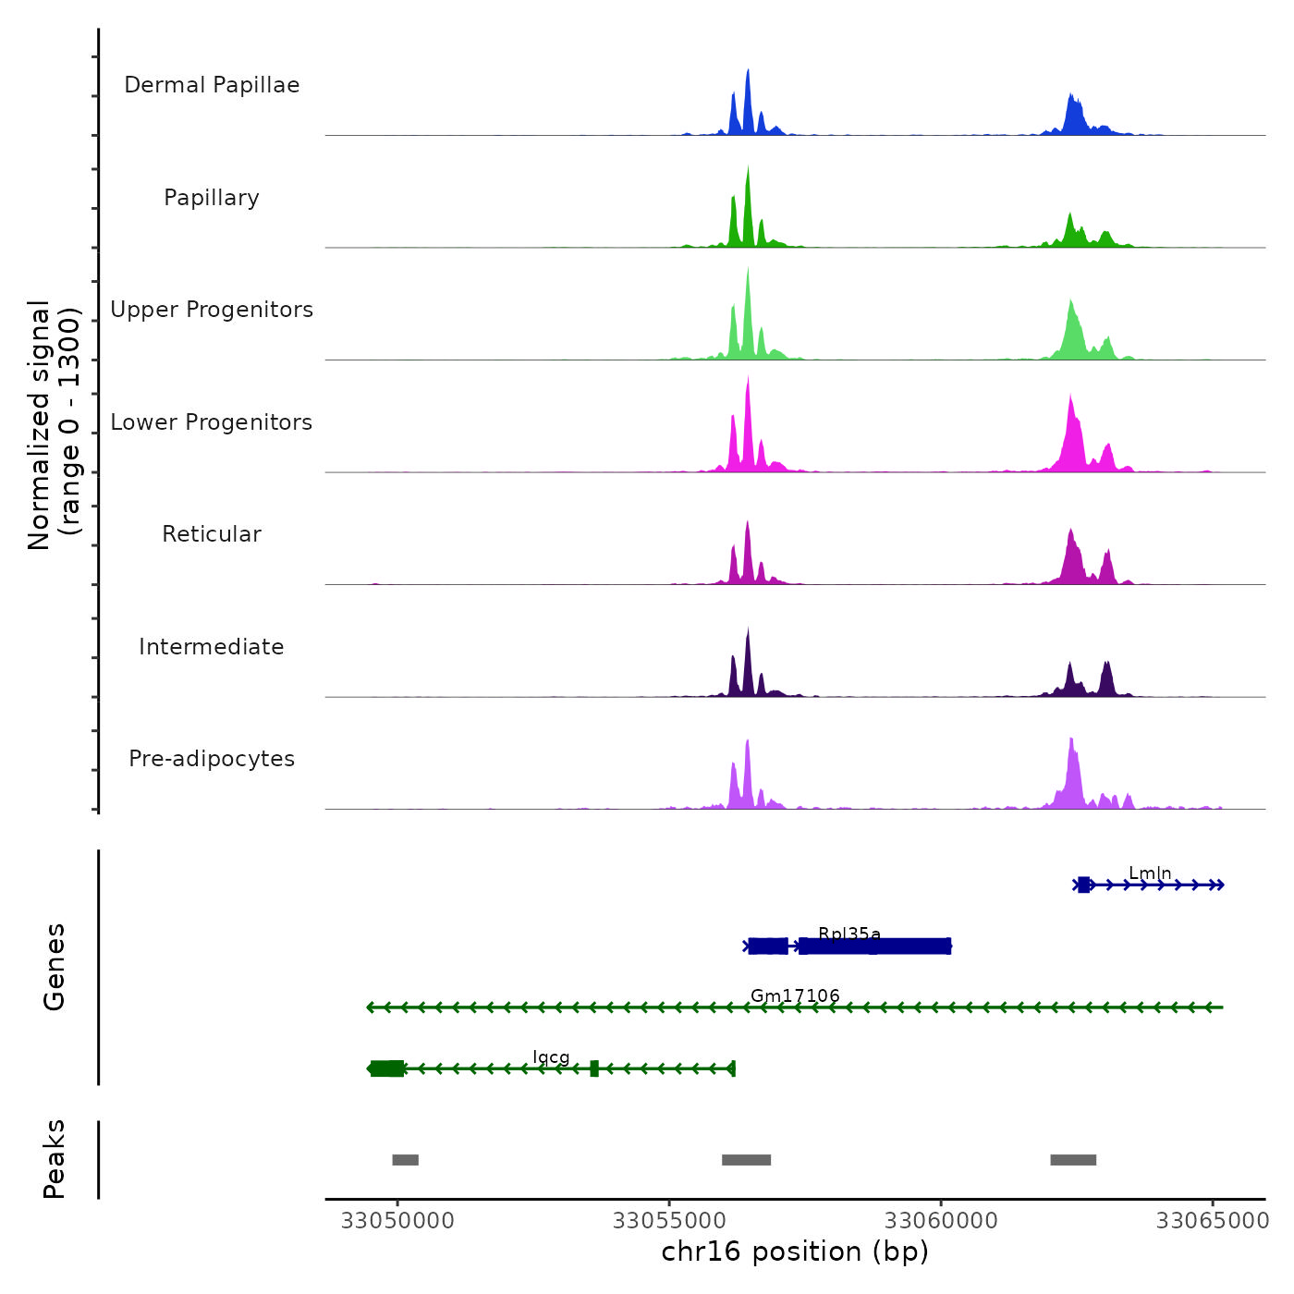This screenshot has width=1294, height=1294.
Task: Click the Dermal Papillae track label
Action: pyautogui.click(x=212, y=85)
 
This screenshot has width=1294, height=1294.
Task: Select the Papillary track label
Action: pyautogui.click(x=212, y=198)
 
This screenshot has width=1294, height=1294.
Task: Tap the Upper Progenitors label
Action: pyautogui.click(x=212, y=310)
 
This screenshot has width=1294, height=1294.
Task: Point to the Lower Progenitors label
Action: pyautogui.click(x=212, y=422)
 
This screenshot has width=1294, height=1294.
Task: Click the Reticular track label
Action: pyautogui.click(x=212, y=534)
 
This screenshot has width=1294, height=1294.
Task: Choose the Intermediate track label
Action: pyautogui.click(x=212, y=647)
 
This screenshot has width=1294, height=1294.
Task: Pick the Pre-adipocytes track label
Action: pyautogui.click(x=212, y=759)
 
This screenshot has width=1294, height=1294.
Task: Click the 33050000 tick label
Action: pyautogui.click(x=397, y=1221)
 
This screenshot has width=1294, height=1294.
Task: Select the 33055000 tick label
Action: pyautogui.click(x=669, y=1221)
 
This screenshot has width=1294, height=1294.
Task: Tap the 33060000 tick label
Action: pyautogui.click(x=941, y=1221)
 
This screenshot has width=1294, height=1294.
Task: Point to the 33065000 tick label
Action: pyautogui.click(x=1213, y=1221)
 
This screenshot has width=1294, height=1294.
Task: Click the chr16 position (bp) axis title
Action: pyautogui.click(x=795, y=1251)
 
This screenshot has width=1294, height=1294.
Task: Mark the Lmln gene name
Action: pyautogui.click(x=1150, y=873)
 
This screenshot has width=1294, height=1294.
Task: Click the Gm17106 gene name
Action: pyautogui.click(x=795, y=995)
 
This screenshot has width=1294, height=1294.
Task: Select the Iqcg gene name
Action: pyautogui.click(x=551, y=1057)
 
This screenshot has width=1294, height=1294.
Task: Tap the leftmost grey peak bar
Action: pyautogui.click(x=405, y=1160)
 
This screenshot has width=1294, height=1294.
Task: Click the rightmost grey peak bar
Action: pyautogui.click(x=1073, y=1160)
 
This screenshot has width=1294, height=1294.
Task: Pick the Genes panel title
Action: pyautogui.click(x=55, y=967)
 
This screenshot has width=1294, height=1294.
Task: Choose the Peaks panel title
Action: pyautogui.click(x=55, y=1159)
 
